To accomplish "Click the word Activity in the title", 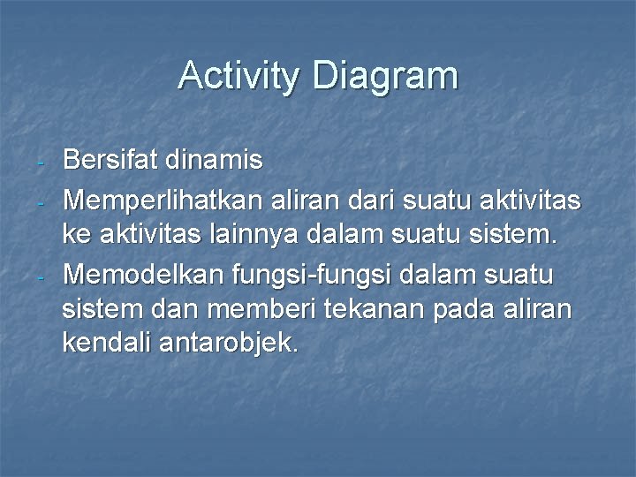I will [238, 76].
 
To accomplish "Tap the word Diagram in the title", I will [384, 76].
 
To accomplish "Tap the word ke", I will [75, 236].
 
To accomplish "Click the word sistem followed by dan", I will [97, 308].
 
